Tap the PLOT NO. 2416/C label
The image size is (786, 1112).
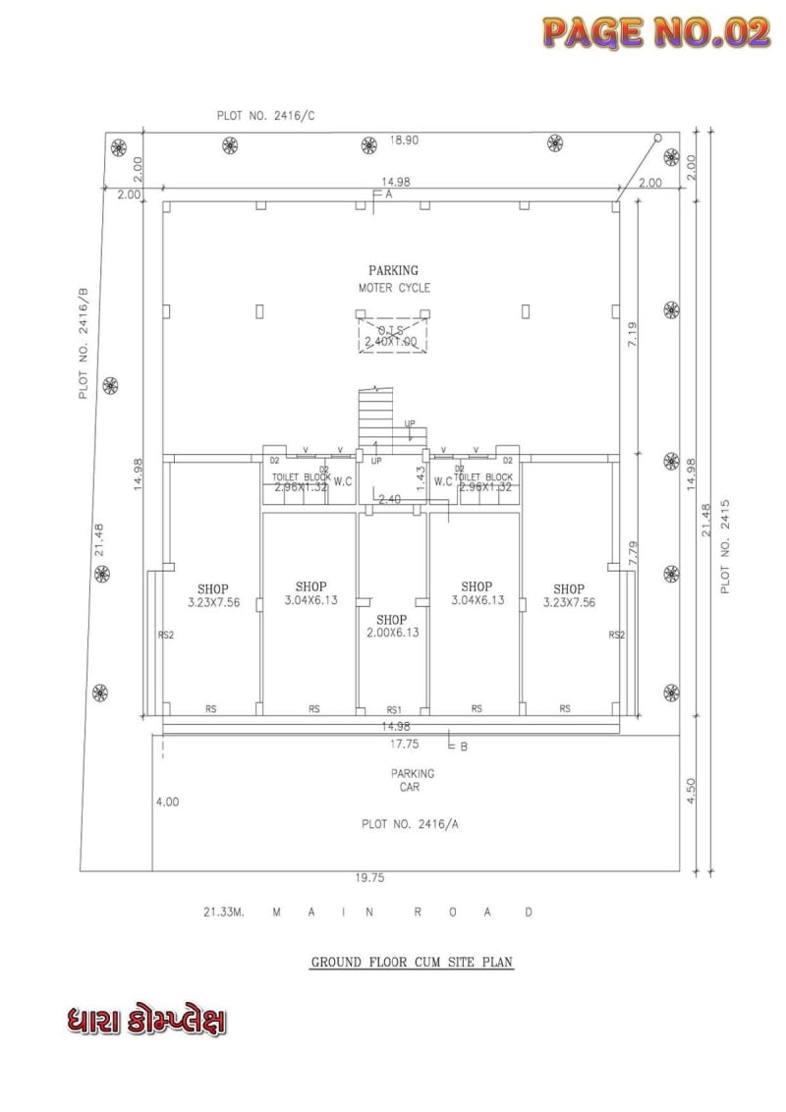pos(266,116)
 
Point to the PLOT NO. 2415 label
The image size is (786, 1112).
pos(725,546)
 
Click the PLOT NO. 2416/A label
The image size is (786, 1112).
pos(410,824)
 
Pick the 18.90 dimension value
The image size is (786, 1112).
pos(404,140)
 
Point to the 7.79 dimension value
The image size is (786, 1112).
pos(634,552)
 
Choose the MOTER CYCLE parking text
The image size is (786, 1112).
pos(394,288)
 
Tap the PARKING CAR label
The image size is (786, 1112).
pos(412,780)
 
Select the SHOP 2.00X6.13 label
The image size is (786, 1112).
pos(391,626)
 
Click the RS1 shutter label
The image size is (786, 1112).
pos(393,708)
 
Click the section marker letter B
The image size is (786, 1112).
pos(464,747)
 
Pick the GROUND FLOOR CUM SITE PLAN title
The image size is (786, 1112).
pos(413,963)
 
